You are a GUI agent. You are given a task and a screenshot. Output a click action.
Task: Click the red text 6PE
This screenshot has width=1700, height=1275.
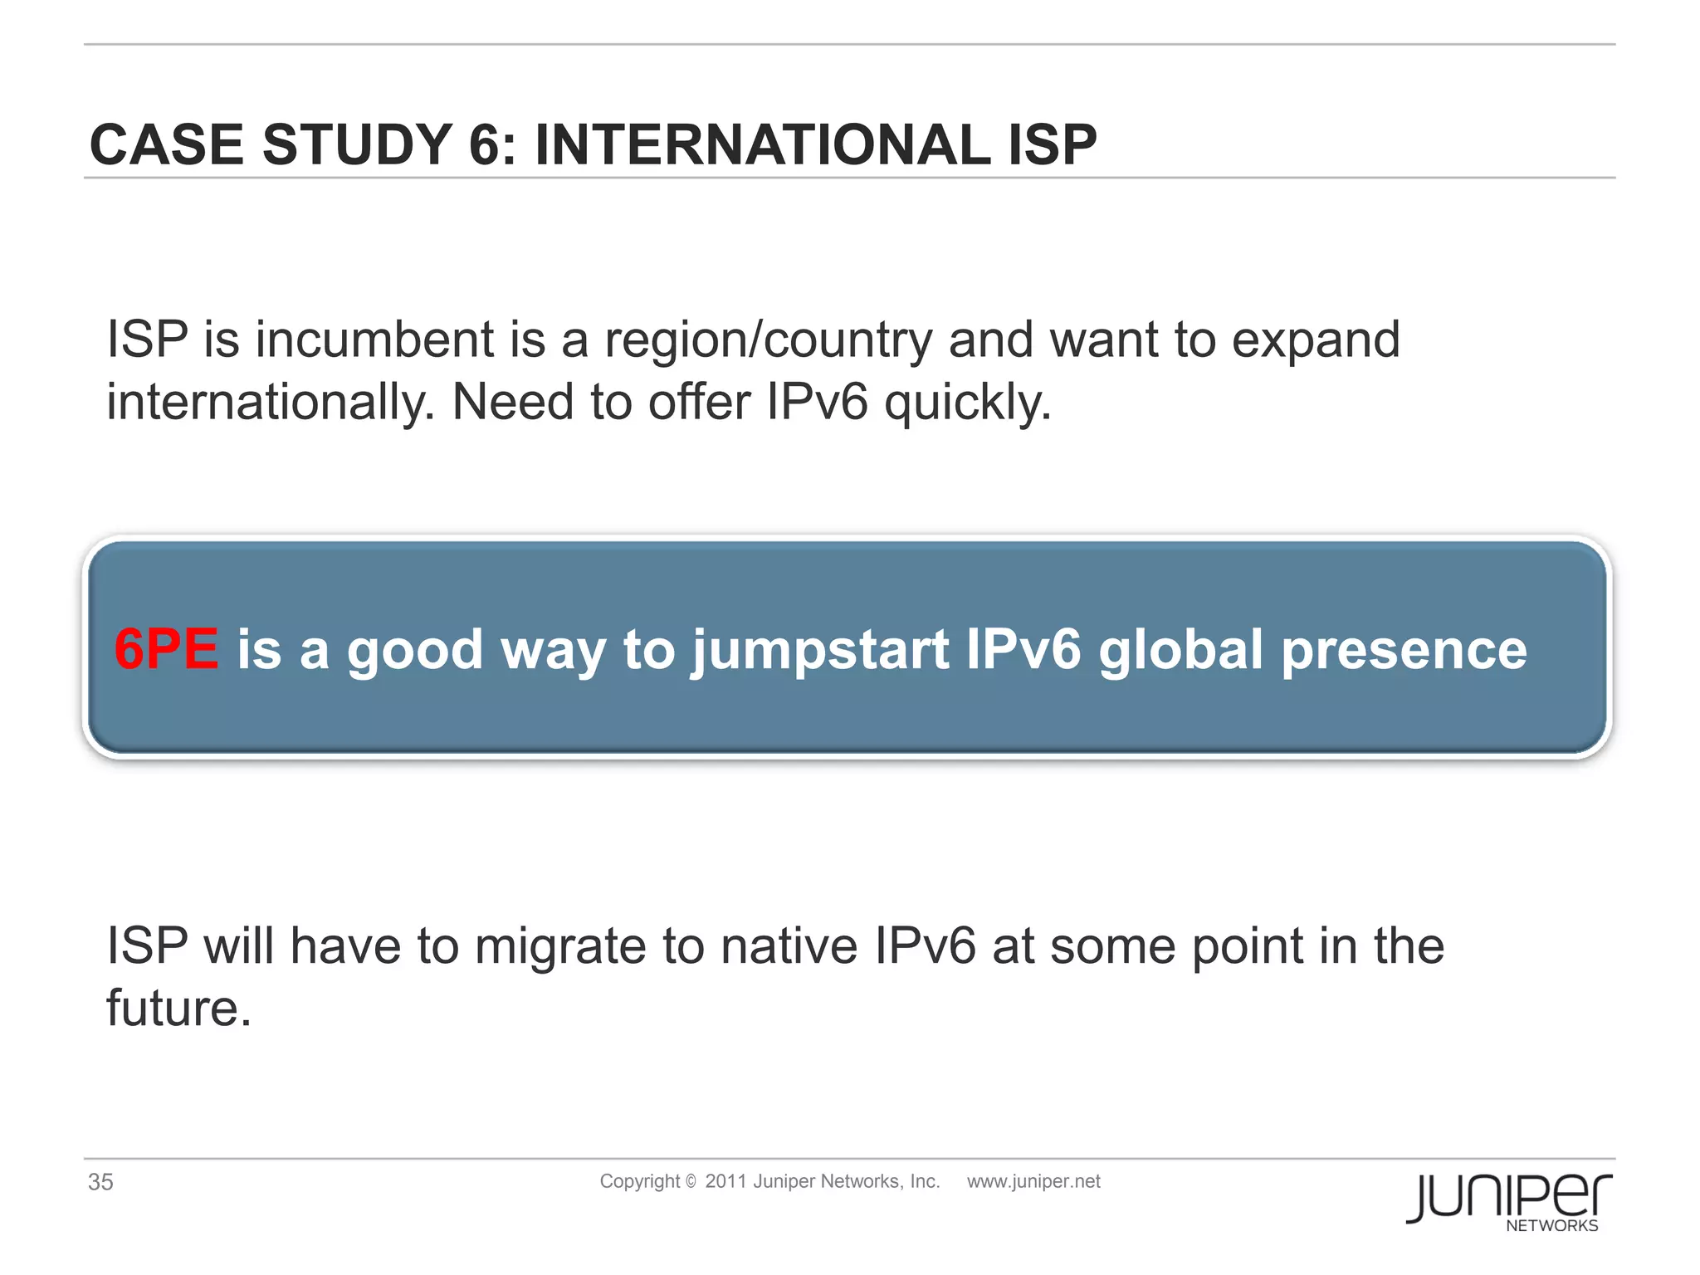(x=166, y=649)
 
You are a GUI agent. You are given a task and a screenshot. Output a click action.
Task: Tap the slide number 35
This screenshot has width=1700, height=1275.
(x=100, y=1181)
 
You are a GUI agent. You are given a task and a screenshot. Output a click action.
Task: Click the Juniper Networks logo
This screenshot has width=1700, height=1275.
(x=1508, y=1202)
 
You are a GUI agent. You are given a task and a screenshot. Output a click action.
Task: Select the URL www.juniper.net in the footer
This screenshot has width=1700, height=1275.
(x=1033, y=1181)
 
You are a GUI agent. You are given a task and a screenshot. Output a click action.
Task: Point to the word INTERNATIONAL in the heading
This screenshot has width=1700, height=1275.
(x=762, y=145)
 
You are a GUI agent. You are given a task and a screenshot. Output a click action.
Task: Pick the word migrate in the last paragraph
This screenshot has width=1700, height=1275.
(x=560, y=947)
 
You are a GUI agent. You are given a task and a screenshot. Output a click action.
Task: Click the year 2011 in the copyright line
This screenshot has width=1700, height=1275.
(x=725, y=1181)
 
